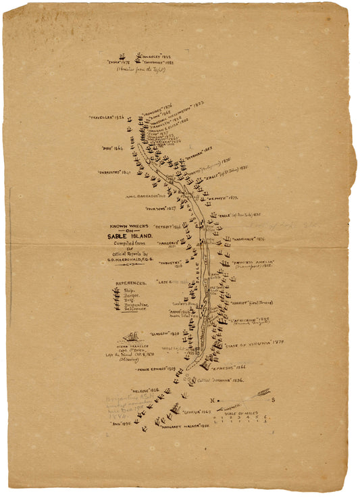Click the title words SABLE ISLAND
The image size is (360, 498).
132,236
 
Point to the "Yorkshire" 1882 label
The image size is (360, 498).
159,62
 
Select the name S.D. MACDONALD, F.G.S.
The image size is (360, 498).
133,260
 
